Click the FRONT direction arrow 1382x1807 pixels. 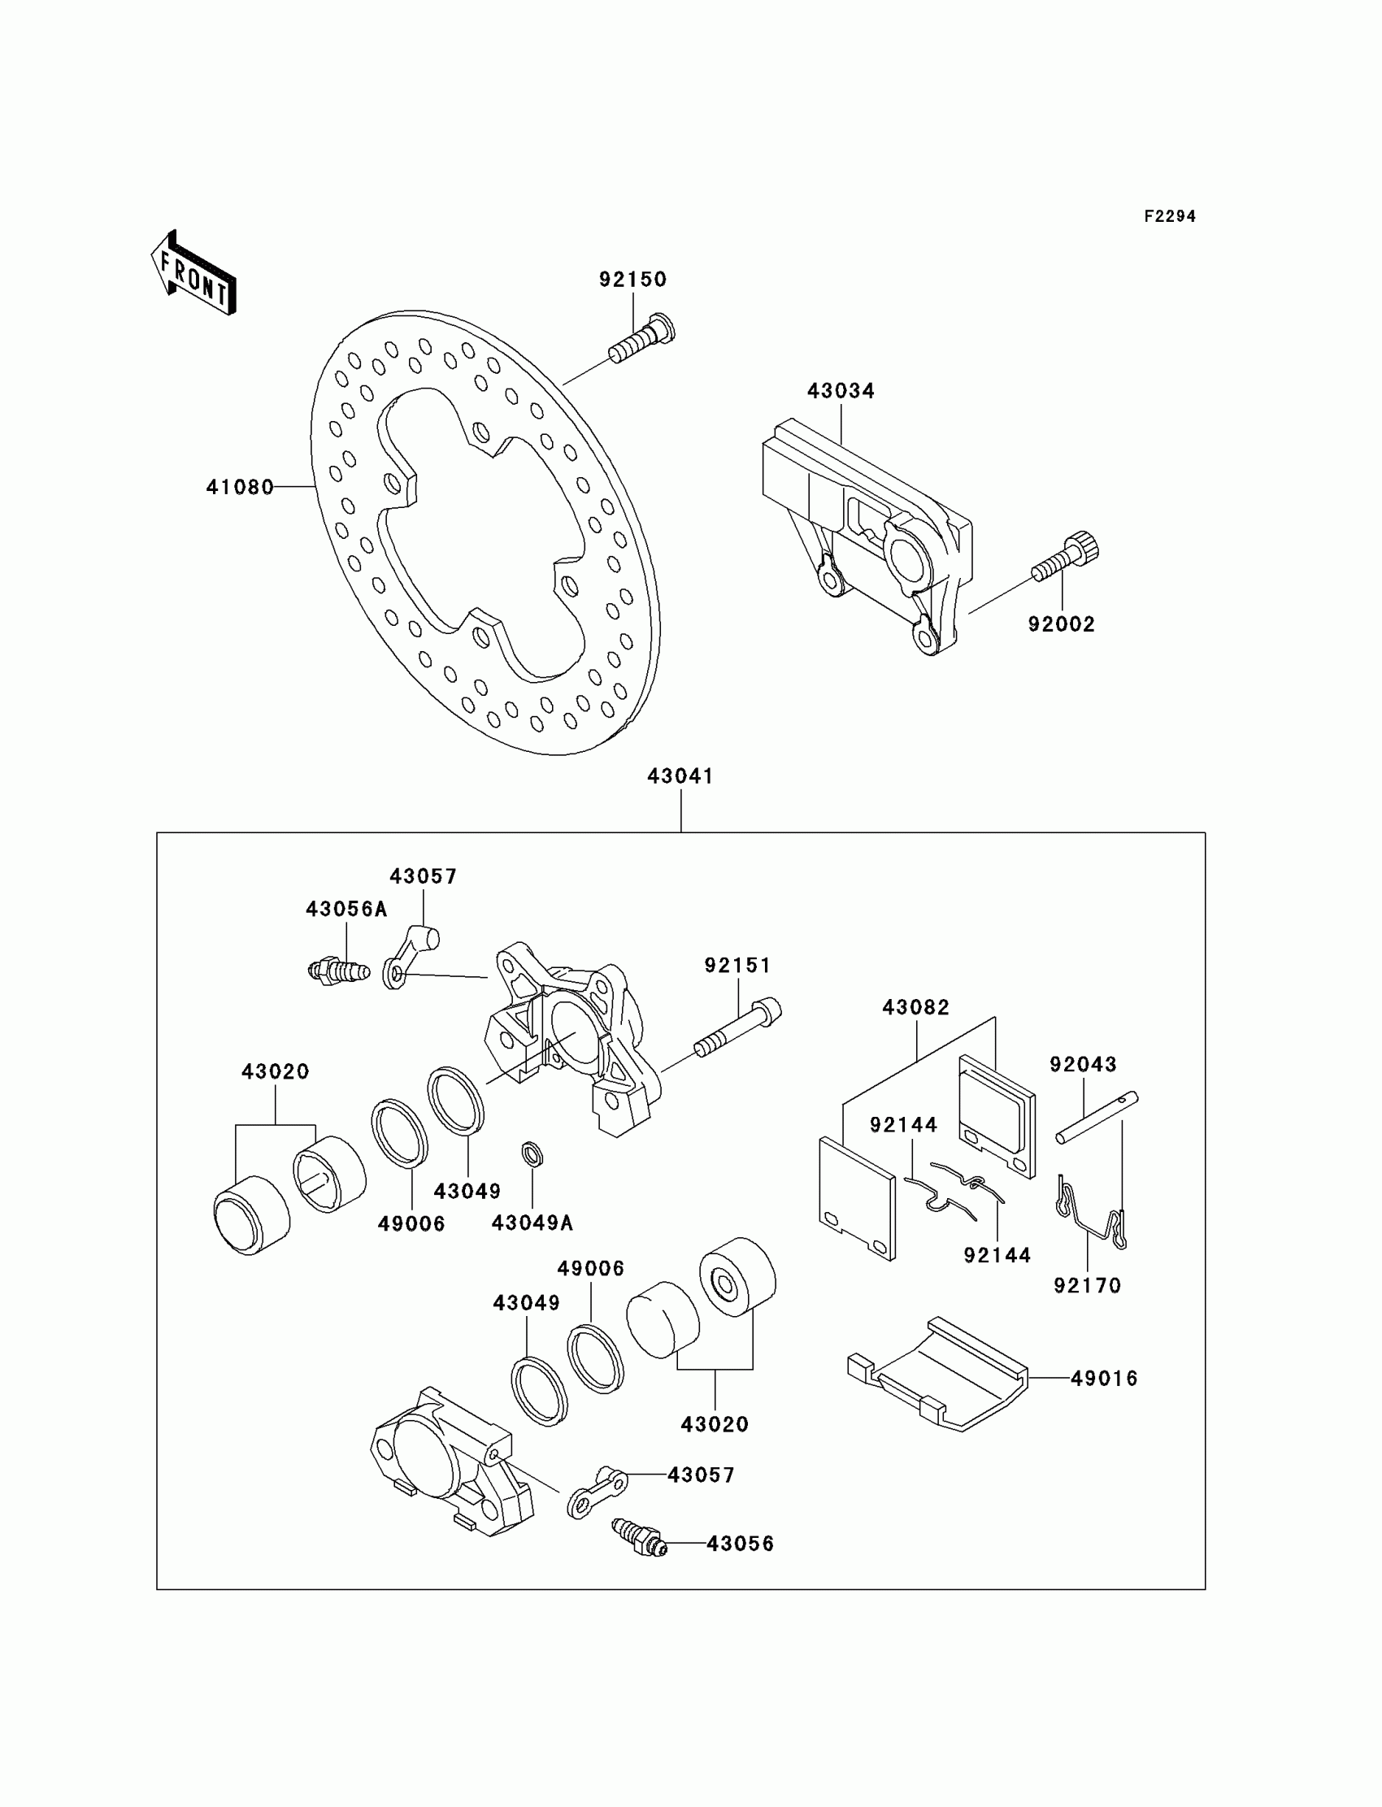[x=194, y=274]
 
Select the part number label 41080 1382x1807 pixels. [x=239, y=488]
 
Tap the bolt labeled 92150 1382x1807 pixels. [x=641, y=341]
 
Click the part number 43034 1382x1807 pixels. [x=841, y=391]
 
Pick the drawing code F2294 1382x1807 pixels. [x=1170, y=216]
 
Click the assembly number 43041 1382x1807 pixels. [x=680, y=775]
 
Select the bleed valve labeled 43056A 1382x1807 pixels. [x=338, y=971]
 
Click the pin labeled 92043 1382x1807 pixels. [x=1097, y=1117]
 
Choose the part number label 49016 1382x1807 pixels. [x=1104, y=1378]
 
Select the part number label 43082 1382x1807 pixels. [x=915, y=1007]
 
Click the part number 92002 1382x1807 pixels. [x=1061, y=624]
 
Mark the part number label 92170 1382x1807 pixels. [x=1088, y=1285]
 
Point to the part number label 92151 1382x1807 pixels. [x=738, y=965]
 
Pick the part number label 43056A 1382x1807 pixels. [x=346, y=909]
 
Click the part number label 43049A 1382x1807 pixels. [x=532, y=1223]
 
